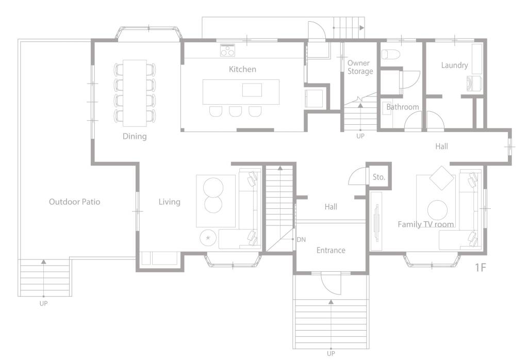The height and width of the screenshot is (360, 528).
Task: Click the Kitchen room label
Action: click(242, 70)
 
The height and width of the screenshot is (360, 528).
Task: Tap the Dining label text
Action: click(135, 136)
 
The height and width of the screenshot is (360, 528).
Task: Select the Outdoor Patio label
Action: click(74, 202)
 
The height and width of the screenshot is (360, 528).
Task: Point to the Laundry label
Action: click(455, 66)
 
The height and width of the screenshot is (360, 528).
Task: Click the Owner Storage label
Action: click(360, 67)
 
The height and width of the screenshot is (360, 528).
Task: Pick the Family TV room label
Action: click(425, 224)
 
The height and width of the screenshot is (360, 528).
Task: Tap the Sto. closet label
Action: click(379, 177)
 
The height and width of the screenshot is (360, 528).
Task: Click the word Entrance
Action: click(331, 250)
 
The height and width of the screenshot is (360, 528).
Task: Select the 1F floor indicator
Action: click(481, 267)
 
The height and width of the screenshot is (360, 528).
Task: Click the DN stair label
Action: click(301, 239)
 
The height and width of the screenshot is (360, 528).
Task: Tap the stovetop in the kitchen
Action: click(227, 50)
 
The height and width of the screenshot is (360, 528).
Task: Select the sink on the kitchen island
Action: click(252, 90)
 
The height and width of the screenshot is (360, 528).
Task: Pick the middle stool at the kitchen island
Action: click(235, 111)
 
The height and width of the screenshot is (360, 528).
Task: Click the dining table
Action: click(135, 93)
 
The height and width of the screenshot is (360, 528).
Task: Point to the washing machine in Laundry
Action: click(474, 84)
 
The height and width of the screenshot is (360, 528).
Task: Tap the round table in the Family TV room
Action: click(437, 210)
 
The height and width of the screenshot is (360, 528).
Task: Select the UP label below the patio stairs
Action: click(43, 303)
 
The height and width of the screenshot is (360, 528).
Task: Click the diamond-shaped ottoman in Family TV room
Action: click(442, 178)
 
